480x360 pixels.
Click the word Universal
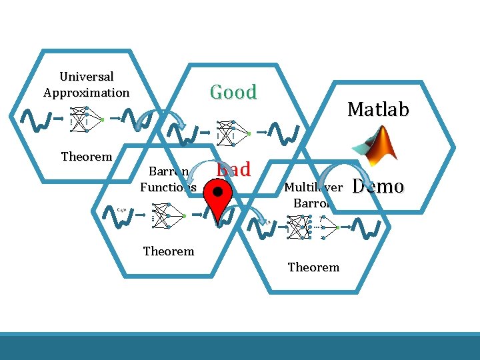click(87, 77)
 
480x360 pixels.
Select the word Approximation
click(87, 93)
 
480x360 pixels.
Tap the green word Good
click(233, 92)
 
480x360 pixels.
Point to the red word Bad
click(233, 169)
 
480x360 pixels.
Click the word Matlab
click(377, 109)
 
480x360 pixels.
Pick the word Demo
click(377, 186)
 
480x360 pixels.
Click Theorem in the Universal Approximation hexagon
click(87, 157)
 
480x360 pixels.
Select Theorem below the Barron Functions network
click(169, 251)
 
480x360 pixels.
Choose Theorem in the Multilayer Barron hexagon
click(313, 267)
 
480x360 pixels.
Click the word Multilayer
click(313, 187)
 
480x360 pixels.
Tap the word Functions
click(168, 187)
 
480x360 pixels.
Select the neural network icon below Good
click(230, 133)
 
